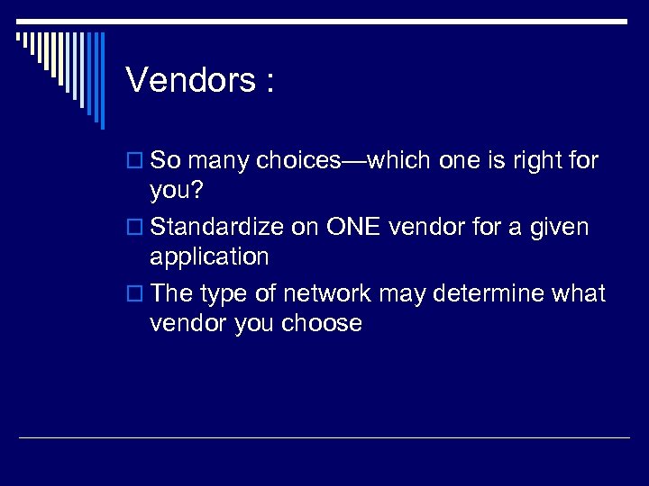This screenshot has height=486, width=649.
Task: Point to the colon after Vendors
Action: coord(269,84)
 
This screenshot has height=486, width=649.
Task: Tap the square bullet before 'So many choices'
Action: coord(136,162)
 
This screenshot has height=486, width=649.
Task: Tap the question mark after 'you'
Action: coord(199,191)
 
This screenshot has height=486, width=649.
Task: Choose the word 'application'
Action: coord(209,257)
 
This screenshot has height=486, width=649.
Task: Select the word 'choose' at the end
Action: coord(321,324)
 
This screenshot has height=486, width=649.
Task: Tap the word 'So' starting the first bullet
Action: coord(164,162)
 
